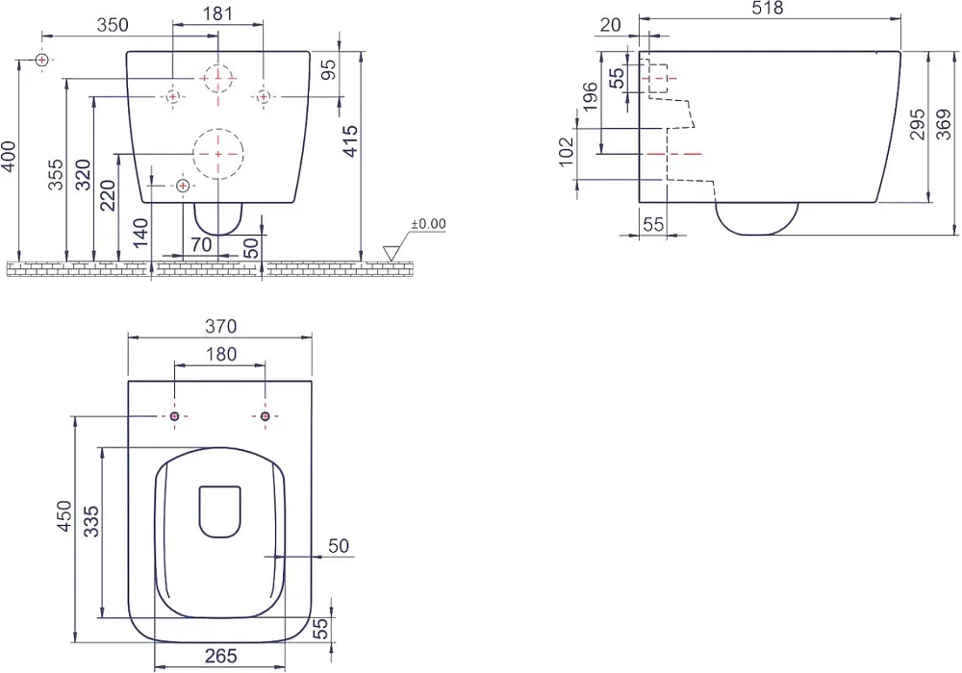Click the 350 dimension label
(x=113, y=25)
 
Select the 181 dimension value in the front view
(x=217, y=13)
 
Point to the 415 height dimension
(x=350, y=141)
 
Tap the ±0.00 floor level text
(x=428, y=224)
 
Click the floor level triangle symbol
(x=391, y=253)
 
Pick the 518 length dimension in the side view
(x=768, y=8)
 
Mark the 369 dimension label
(x=945, y=124)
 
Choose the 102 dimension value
(x=567, y=151)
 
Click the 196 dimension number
(x=591, y=96)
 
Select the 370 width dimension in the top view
(x=220, y=326)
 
